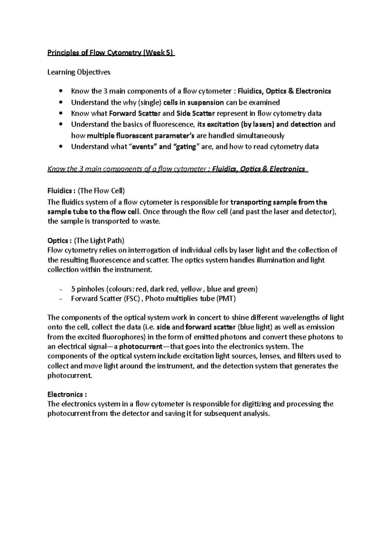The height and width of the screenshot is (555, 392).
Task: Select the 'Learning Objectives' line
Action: [x=79, y=72]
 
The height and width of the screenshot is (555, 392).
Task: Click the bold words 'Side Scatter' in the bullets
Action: [x=195, y=113]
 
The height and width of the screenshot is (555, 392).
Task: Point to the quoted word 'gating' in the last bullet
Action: [x=186, y=147]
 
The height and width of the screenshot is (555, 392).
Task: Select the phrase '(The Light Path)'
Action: [x=99, y=241]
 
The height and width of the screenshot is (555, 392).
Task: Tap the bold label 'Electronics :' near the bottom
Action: [x=67, y=394]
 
